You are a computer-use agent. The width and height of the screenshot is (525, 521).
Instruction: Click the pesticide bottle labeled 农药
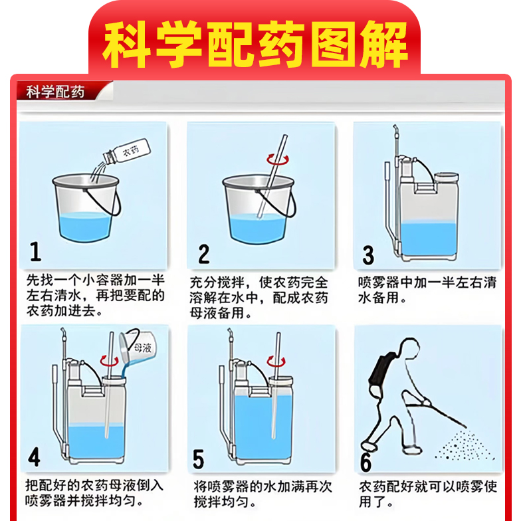[126, 152]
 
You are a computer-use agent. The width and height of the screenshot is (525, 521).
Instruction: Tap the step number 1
[35, 251]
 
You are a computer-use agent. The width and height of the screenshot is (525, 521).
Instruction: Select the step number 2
[204, 254]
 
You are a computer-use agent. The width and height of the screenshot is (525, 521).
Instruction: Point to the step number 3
[368, 255]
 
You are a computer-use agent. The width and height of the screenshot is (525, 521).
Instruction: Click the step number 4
[34, 457]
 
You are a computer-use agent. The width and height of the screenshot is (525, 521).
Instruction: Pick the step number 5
[198, 459]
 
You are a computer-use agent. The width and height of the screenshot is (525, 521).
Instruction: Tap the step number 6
[366, 462]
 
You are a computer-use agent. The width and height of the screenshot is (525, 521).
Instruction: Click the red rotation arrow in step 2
[278, 159]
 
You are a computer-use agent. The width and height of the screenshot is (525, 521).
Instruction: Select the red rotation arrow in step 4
[110, 362]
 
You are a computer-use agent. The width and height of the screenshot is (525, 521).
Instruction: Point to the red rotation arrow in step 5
[276, 362]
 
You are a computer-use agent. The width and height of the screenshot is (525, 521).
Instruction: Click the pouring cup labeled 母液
[138, 346]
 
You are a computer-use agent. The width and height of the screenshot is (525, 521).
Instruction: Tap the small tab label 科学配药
[55, 92]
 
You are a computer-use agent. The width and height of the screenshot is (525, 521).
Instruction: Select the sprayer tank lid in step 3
[447, 177]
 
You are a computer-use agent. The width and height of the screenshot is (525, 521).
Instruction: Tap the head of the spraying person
[410, 348]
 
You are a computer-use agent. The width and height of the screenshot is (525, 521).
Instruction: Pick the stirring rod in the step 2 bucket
[272, 177]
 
